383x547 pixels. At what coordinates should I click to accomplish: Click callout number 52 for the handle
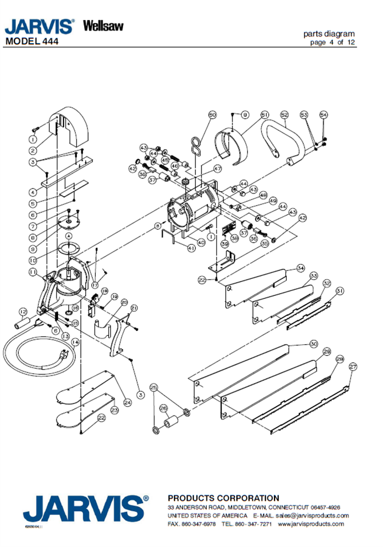point(284,115)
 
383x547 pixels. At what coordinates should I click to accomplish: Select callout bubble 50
point(213,115)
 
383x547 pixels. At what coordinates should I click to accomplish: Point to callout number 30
point(313,343)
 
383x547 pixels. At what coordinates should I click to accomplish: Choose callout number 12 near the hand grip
point(23,311)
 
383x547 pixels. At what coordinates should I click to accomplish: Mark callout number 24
point(127,402)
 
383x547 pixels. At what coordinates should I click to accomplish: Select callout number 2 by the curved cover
point(33,150)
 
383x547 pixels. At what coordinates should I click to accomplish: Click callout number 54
point(324,115)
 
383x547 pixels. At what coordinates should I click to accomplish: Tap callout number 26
point(163,408)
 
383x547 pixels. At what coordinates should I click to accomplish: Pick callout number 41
point(191,248)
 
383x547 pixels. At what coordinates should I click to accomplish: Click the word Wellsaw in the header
point(103,25)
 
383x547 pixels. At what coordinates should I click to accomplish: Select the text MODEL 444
point(32,41)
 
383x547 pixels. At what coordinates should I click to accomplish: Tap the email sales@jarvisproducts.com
point(313,515)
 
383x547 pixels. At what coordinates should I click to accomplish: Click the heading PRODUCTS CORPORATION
point(224,498)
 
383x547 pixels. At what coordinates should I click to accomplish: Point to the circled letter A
point(69,236)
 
